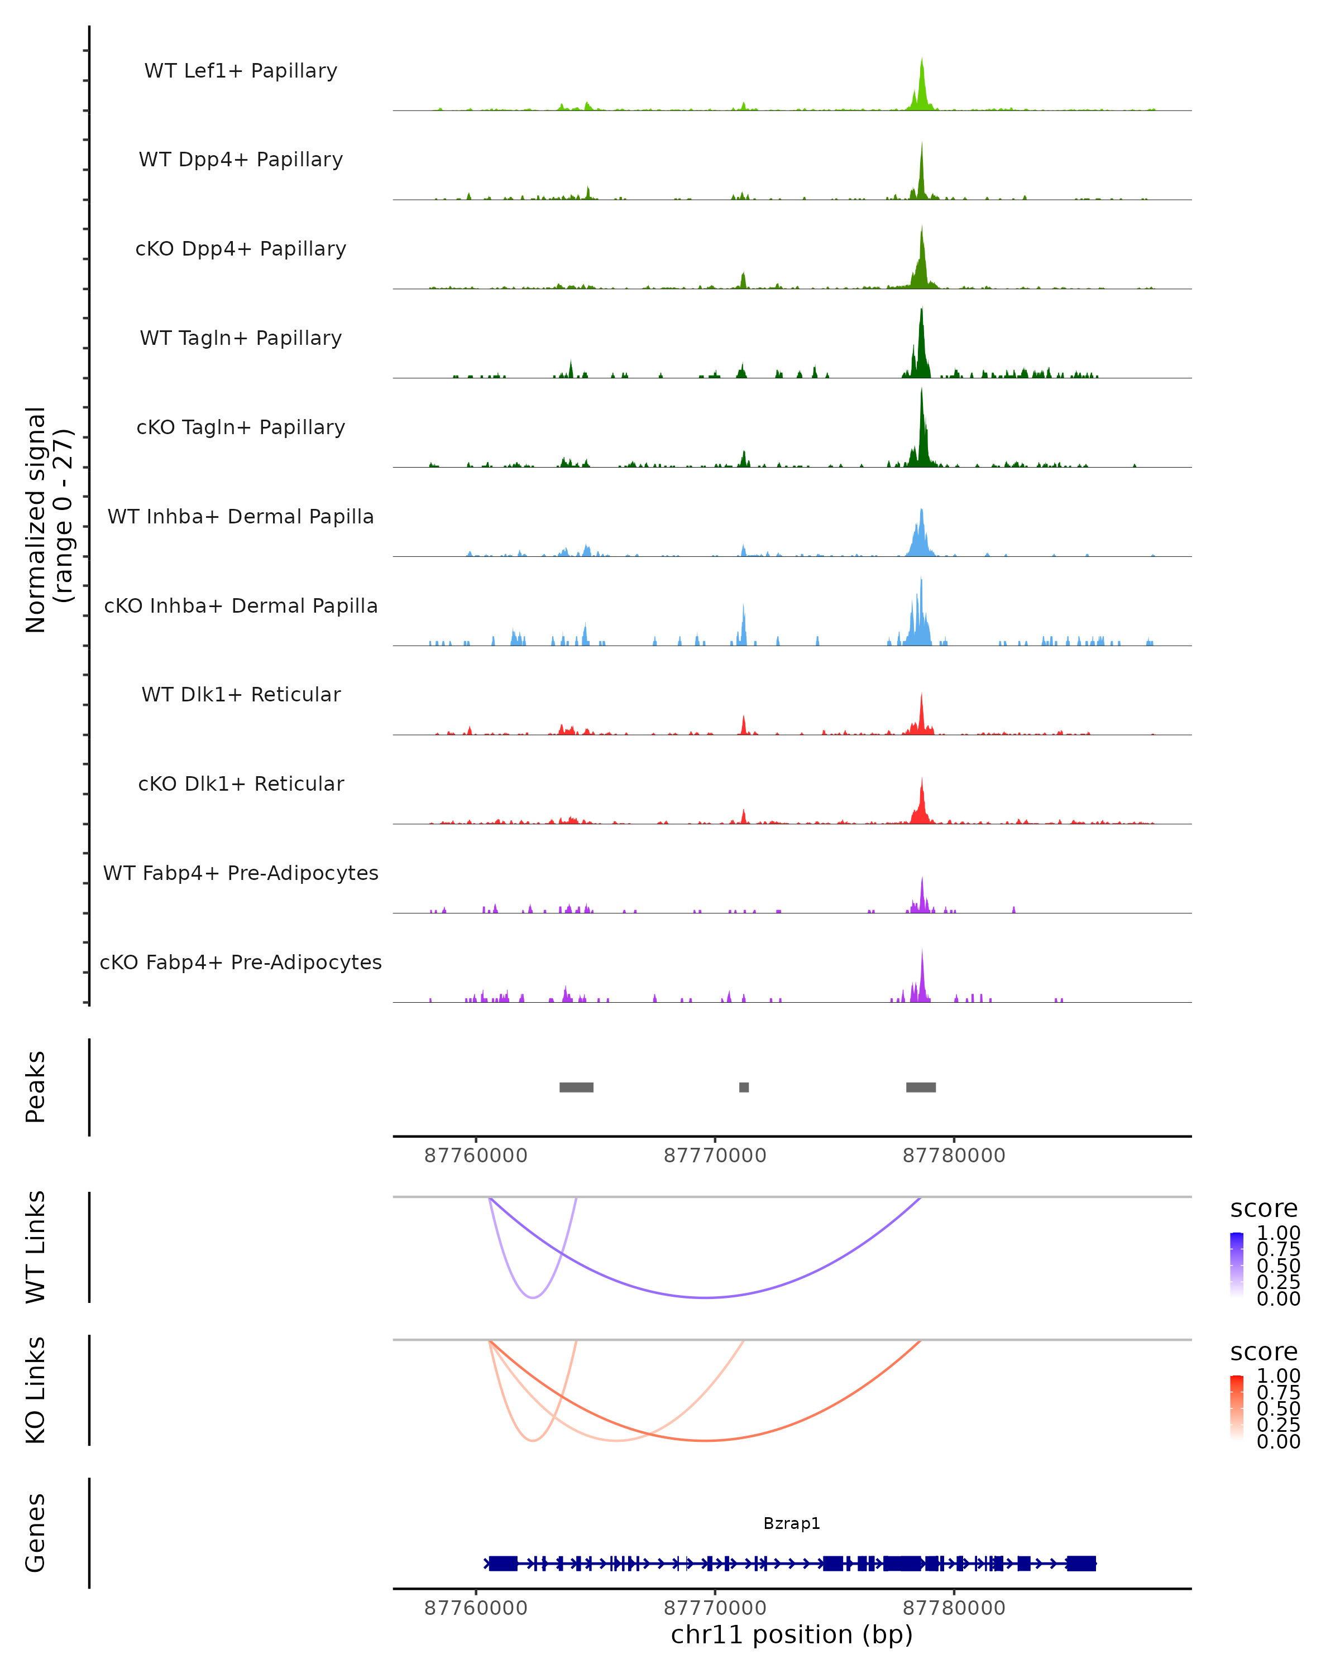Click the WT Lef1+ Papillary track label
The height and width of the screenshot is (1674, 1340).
pos(241,71)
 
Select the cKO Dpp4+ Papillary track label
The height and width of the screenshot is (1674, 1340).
pos(241,248)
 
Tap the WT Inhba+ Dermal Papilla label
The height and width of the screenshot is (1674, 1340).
pos(241,516)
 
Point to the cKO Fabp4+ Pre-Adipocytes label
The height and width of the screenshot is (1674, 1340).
pos(241,962)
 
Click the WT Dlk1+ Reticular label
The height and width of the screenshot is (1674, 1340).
pos(241,695)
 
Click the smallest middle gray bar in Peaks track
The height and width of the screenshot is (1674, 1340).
pos(743,1087)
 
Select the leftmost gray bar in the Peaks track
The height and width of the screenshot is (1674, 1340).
pos(576,1087)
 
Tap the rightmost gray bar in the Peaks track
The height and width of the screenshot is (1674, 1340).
pos(921,1087)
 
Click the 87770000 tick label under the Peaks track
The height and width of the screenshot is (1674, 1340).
pos(715,1156)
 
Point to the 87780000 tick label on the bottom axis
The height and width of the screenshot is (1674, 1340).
pos(954,1607)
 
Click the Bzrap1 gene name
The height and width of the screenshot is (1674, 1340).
pos(792,1523)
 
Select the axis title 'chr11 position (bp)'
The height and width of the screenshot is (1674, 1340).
pos(792,1634)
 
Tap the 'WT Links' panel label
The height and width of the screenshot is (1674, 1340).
pos(36,1247)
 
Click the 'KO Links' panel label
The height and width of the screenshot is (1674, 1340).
pos(36,1390)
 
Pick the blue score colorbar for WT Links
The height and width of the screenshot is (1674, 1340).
pos(1237,1264)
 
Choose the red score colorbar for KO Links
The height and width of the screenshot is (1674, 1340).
pos(1237,1407)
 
